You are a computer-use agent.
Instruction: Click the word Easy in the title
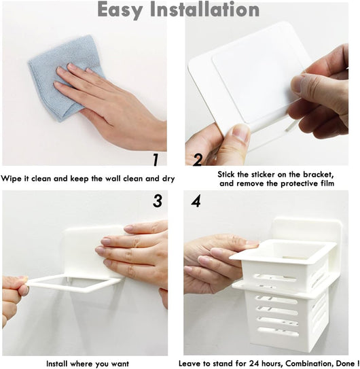[120, 10]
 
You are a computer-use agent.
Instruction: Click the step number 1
[156, 160]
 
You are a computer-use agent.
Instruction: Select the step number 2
[198, 160]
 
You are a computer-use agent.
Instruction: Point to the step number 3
[158, 200]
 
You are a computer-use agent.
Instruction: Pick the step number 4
[196, 200]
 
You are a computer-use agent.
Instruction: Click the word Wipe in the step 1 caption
[12, 179]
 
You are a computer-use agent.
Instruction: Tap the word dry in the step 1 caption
[168, 179]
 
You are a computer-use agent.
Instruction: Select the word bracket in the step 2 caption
[318, 175]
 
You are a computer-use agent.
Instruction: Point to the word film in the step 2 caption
[327, 183]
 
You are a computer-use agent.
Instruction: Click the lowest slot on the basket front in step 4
[278, 332]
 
